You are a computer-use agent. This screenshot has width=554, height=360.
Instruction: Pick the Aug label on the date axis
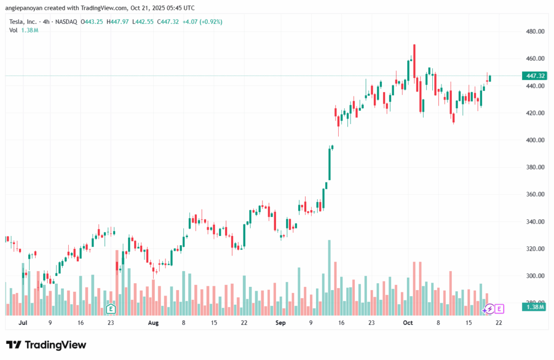point(153,323)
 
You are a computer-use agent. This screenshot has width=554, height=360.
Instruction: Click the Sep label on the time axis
point(280,323)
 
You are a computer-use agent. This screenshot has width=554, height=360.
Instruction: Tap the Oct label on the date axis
point(408,323)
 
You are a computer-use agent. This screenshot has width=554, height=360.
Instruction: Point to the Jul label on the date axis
point(22,323)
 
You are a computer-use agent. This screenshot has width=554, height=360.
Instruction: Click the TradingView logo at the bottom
point(46,345)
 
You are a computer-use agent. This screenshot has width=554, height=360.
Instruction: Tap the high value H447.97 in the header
point(118,22)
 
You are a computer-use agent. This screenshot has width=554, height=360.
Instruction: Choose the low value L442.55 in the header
point(143,22)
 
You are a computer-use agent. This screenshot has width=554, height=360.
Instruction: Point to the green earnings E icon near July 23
point(111,309)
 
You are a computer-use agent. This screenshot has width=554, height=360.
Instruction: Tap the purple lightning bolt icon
point(489,309)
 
